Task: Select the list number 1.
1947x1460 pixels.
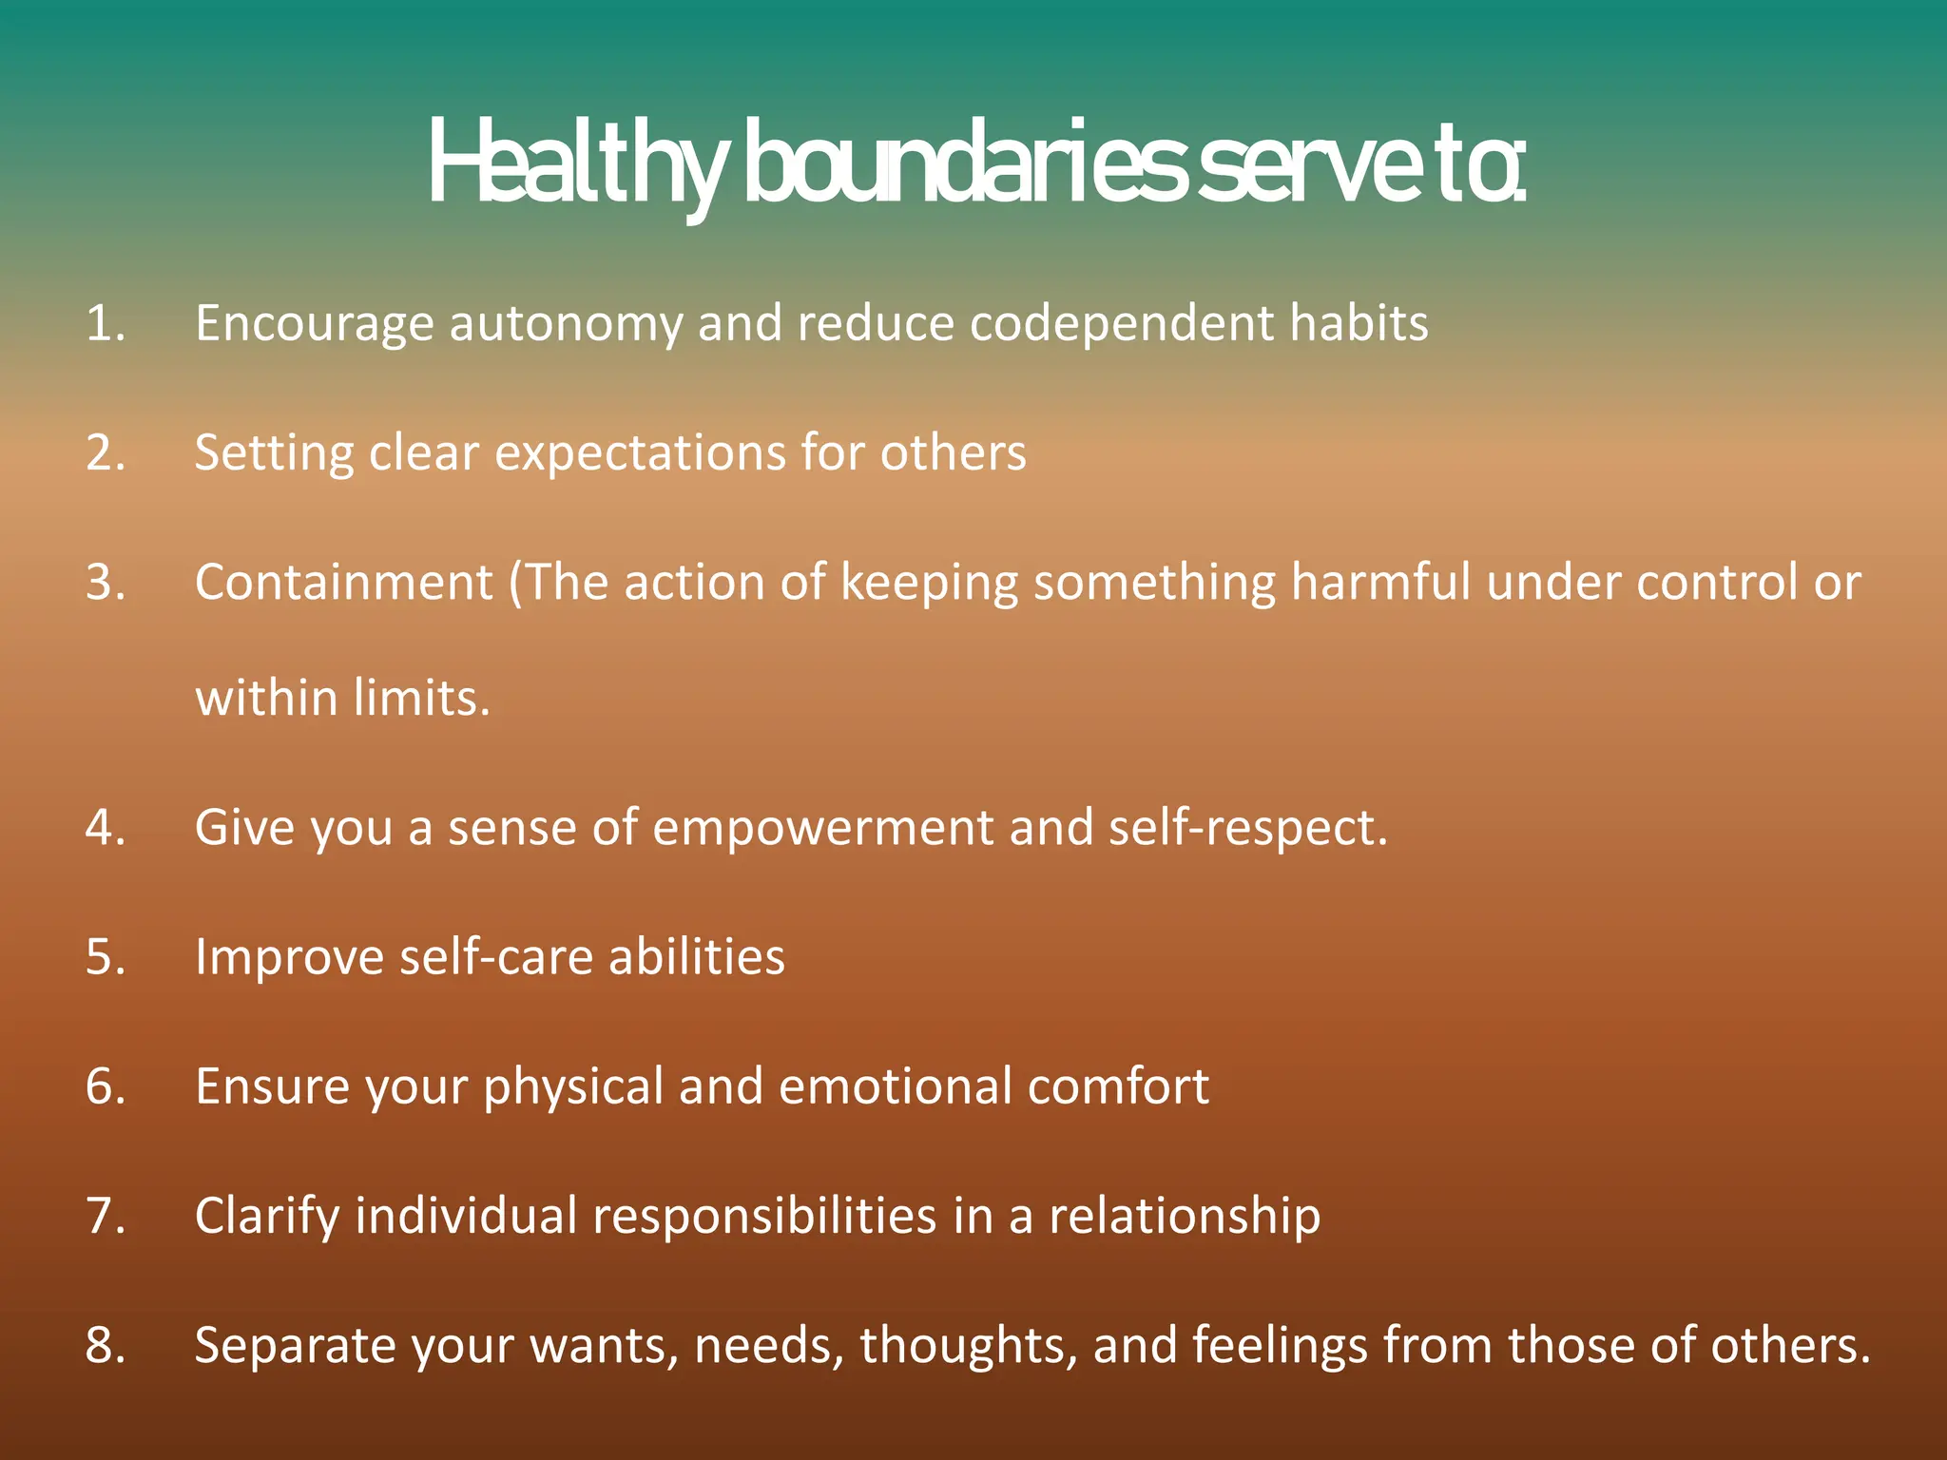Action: point(105,323)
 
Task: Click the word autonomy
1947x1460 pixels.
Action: point(566,325)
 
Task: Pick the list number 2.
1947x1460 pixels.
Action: point(105,452)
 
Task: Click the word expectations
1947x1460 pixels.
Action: point(640,454)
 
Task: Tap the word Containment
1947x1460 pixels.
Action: point(344,582)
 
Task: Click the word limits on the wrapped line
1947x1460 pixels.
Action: point(421,698)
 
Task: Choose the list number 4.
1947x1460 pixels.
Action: point(105,827)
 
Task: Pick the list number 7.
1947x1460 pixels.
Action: point(105,1216)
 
